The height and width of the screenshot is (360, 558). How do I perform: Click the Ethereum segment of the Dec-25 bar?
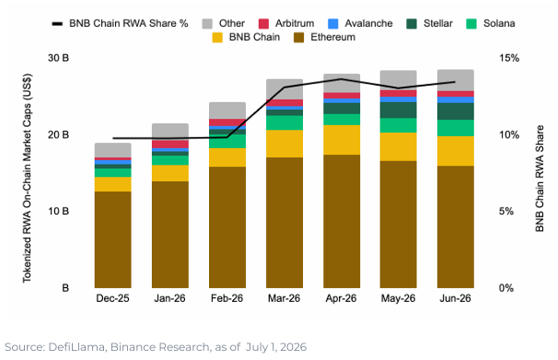tap(113, 239)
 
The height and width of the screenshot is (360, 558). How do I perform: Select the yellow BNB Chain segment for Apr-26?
tap(342, 140)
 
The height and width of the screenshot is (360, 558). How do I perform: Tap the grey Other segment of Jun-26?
tap(456, 80)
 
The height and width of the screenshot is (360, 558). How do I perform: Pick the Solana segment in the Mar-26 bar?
tap(285, 122)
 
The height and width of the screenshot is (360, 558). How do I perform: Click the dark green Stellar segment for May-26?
tap(398, 110)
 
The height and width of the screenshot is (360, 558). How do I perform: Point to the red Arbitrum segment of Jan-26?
tap(170, 144)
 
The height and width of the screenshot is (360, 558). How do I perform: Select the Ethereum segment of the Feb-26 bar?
tap(227, 226)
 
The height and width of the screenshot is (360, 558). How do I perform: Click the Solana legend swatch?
tap(471, 24)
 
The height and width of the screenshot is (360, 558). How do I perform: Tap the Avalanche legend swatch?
tap(332, 24)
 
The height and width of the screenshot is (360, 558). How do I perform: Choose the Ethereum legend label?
tap(332, 37)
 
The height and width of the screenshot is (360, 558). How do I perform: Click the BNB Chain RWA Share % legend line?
tap(57, 24)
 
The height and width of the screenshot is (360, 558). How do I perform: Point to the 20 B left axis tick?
tap(58, 134)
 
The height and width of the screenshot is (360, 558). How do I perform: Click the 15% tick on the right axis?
tap(509, 58)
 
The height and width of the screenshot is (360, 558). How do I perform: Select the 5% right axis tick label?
tap(506, 212)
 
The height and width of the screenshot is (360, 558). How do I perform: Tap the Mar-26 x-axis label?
tap(284, 298)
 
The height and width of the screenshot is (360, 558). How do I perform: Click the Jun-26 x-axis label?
tap(455, 298)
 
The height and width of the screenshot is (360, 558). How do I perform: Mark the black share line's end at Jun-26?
tap(455, 82)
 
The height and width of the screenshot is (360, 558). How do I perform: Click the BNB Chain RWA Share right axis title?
tap(540, 179)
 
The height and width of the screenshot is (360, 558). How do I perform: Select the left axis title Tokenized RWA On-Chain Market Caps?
tap(27, 178)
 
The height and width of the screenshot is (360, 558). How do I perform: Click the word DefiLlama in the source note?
tap(77, 347)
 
